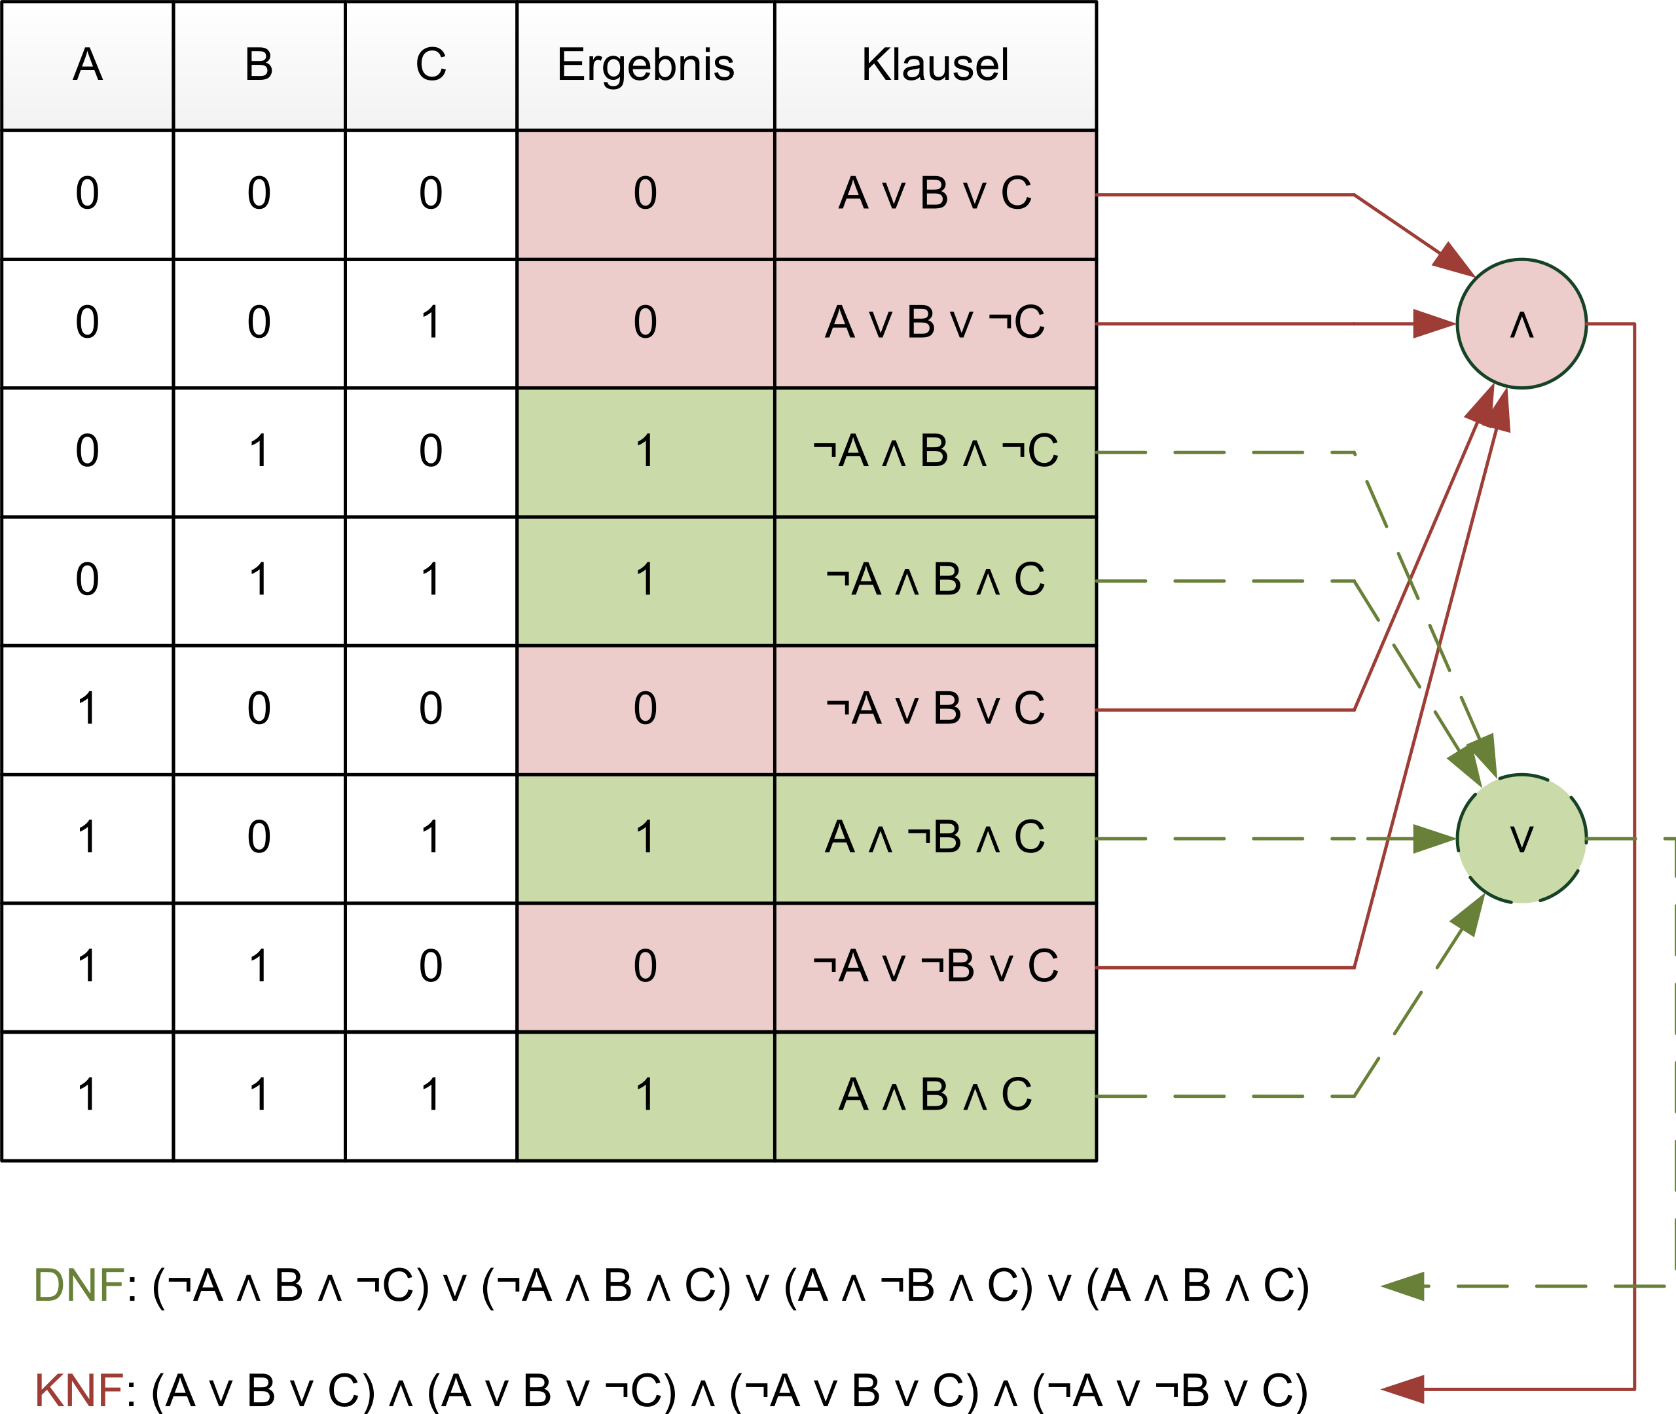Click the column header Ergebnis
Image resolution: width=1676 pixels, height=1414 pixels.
(646, 65)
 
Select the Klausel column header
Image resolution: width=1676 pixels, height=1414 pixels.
(935, 65)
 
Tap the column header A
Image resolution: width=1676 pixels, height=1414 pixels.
(87, 65)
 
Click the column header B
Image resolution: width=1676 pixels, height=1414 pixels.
(259, 65)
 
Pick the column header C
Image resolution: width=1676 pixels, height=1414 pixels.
(430, 65)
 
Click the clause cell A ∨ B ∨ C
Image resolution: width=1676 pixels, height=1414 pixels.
(935, 194)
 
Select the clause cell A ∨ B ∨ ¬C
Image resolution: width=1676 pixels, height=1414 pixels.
(935, 323)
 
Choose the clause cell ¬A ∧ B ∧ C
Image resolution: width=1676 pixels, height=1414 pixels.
(935, 581)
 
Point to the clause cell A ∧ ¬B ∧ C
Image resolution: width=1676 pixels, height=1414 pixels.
(935, 839)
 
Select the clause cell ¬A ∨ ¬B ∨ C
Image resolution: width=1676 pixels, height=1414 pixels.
(935, 967)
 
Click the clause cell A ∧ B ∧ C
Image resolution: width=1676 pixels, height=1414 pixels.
(935, 1096)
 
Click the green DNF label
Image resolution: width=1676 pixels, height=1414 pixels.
(79, 1286)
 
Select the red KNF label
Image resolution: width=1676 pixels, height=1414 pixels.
(79, 1390)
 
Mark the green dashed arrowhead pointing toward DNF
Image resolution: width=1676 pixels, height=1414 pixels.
(1403, 1286)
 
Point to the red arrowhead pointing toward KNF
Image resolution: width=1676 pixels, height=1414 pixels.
(1403, 1389)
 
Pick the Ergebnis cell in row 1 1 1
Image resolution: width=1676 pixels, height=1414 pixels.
(646, 1096)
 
